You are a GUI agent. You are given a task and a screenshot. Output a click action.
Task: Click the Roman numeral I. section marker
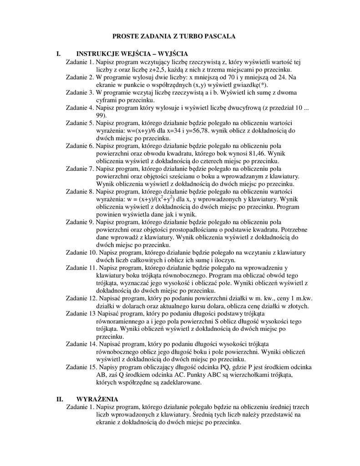[x=58, y=54]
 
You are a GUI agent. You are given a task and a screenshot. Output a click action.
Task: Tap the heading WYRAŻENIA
[x=97, y=399]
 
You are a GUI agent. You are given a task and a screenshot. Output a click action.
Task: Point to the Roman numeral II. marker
[x=60, y=399]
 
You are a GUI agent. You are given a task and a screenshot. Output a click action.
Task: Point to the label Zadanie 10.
[x=81, y=253]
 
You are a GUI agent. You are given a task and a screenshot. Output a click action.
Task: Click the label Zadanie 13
[x=81, y=314]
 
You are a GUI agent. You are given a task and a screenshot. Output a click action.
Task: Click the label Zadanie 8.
[x=80, y=192]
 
